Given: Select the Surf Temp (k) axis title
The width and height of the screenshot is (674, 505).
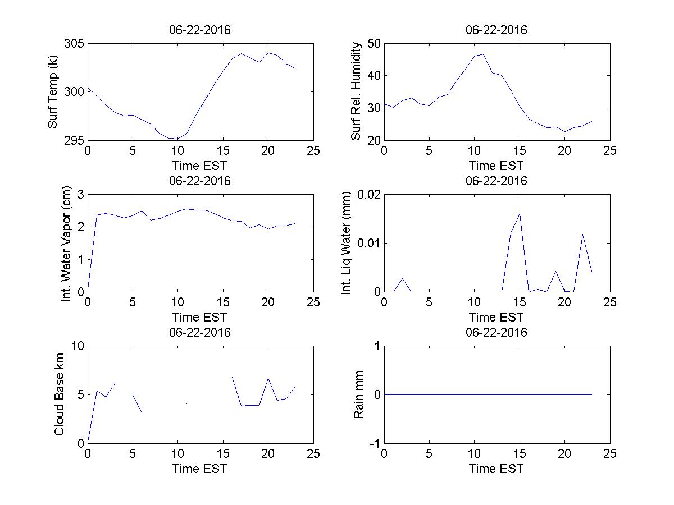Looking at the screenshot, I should coord(53,91).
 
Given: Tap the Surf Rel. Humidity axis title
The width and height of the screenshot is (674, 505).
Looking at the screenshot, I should coord(356,91).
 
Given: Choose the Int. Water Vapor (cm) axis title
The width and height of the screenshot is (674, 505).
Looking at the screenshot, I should coord(66,242).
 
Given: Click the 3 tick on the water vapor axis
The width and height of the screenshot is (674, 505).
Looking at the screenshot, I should coord(80,195).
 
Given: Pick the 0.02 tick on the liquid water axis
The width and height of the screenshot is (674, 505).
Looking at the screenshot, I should coord(366,195).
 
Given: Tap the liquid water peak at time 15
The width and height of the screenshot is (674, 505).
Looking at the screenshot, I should coord(520,213).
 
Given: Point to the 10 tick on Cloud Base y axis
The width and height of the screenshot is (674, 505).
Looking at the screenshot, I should coord(77,346).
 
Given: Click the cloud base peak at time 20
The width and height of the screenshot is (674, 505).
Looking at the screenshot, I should coord(268,379).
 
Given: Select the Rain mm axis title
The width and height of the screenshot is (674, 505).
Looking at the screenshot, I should coord(358,394).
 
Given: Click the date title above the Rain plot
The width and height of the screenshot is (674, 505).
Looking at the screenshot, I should coord(497,332).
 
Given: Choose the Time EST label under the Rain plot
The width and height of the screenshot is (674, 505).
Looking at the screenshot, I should coord(497,469).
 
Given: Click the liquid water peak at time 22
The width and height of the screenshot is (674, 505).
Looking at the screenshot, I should coord(582,234).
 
